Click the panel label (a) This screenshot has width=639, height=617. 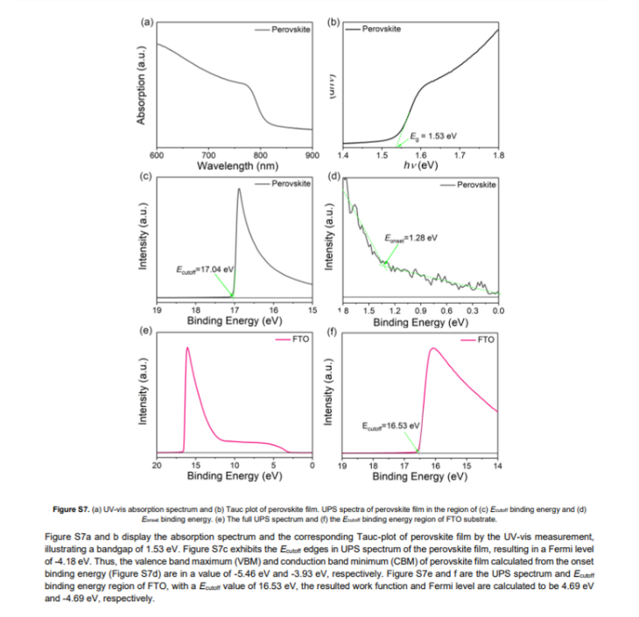[146, 21]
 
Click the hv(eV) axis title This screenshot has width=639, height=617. [420, 165]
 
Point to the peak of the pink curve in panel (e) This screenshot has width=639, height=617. [187, 348]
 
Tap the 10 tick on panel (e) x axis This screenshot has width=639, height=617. [235, 465]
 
